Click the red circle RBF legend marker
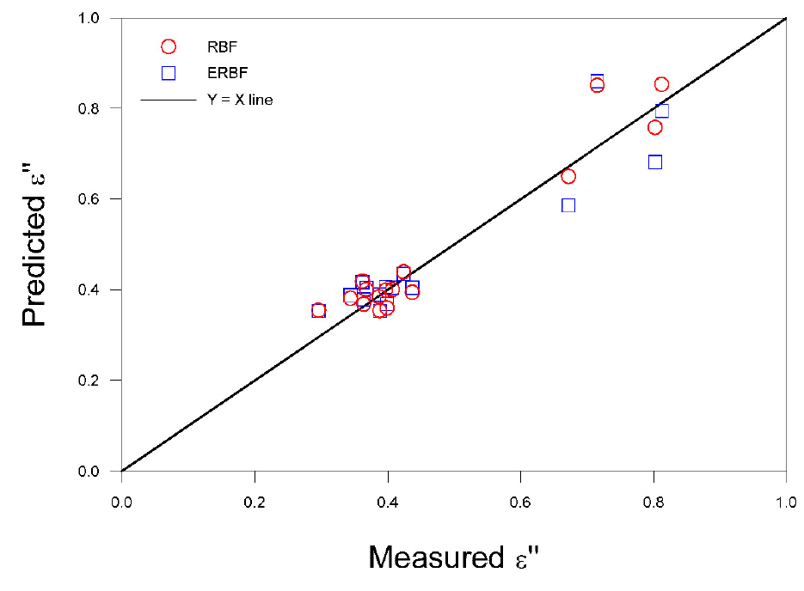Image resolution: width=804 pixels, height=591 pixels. tap(169, 46)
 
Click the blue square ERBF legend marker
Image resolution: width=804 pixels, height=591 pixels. tap(169, 73)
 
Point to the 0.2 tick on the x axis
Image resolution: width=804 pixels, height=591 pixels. tap(255, 471)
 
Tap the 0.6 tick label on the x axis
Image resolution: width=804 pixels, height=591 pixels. tap(520, 499)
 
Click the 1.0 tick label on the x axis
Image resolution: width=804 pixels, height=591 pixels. tap(786, 499)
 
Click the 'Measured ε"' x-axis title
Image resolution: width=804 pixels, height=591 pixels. tap(454, 557)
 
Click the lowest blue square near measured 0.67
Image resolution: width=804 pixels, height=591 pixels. tap(568, 205)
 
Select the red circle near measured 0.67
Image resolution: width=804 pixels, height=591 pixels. tap(568, 176)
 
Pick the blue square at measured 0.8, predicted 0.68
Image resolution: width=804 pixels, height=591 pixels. tap(655, 162)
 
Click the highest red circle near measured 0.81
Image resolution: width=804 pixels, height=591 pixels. tap(661, 84)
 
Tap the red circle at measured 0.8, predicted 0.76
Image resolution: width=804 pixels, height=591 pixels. tap(655, 127)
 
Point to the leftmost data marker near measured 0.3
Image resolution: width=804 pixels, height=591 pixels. tap(318, 310)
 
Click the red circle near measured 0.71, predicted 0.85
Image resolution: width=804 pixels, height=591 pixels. tap(597, 85)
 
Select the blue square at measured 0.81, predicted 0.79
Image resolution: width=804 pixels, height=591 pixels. tap(662, 111)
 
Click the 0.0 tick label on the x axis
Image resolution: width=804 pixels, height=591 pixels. tap(122, 499)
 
